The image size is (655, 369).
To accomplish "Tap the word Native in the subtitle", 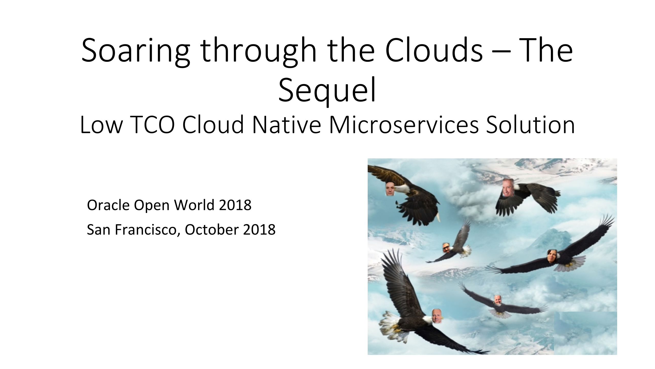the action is coord(287,125).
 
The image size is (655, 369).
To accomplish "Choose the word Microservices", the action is coord(404,125).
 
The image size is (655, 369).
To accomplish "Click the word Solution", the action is coord(531,125).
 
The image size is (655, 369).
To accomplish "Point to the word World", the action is coord(194,205).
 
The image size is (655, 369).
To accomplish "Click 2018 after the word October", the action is coord(259,230).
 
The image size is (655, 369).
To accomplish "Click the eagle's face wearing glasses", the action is coord(446,248).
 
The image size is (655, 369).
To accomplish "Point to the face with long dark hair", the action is coord(551,256).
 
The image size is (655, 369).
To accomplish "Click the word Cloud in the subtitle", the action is coord(213,125).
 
